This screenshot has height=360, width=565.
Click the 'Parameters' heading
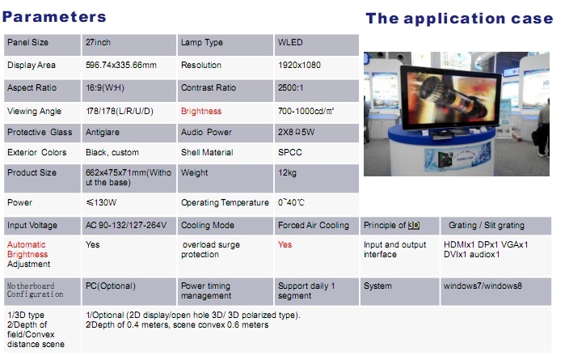click(x=54, y=17)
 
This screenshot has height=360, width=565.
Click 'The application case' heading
click(x=459, y=19)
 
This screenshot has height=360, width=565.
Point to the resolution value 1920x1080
click(x=299, y=66)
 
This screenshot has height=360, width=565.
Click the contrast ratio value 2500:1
click(x=290, y=87)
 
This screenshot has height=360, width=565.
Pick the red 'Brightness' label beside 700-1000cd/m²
click(x=201, y=111)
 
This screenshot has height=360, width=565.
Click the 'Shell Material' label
click(x=207, y=152)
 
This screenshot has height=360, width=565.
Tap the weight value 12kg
click(x=287, y=173)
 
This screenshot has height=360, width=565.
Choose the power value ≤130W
click(x=101, y=203)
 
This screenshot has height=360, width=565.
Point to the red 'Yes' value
click(x=285, y=244)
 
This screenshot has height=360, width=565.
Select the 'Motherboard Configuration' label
click(x=35, y=290)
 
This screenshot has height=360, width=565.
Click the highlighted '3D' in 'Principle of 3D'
click(x=414, y=226)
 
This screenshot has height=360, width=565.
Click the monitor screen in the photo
click(x=449, y=97)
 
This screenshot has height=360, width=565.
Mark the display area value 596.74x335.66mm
click(x=121, y=66)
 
